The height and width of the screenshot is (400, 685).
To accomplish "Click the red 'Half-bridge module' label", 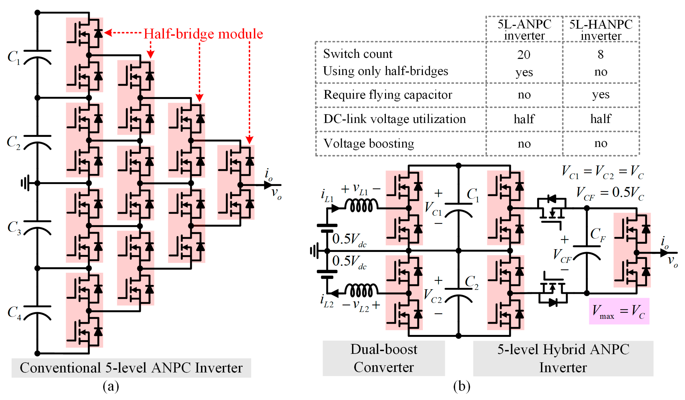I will coord(203,34).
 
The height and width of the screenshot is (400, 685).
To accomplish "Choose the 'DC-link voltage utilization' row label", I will coord(394,119).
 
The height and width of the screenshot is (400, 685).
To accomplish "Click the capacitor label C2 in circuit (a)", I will coord(14,142).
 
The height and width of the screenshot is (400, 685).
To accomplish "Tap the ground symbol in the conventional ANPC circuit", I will coord(25,183).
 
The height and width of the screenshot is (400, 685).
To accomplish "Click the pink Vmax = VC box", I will coord(619,311).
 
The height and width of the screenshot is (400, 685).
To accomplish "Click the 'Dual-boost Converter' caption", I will coord(384,358).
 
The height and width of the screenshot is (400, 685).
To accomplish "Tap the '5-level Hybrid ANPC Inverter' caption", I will coord(563,358).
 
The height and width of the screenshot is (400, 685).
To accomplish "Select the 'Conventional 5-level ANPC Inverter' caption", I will coord(131,368).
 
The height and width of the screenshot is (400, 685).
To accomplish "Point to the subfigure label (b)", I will coord(461,386).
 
